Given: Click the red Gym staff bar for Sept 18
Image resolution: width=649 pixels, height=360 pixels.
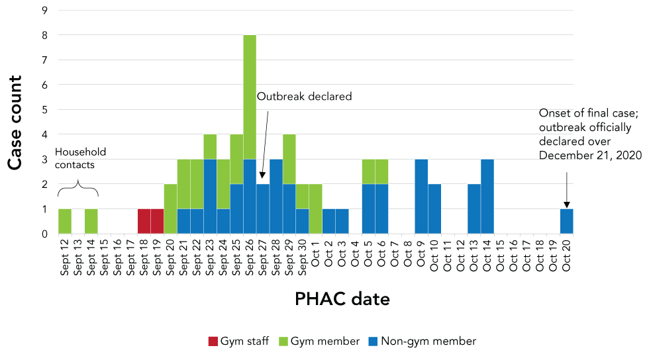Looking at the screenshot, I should (144, 221).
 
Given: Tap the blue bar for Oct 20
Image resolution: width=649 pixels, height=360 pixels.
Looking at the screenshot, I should (566, 221).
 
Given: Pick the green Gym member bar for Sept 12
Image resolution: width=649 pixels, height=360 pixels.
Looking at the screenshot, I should (65, 221).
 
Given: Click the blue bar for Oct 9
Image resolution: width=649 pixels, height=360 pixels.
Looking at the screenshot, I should (421, 196).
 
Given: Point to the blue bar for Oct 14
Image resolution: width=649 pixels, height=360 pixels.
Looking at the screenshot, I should (487, 196).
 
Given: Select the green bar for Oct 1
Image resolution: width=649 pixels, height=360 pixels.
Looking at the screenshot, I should (316, 208).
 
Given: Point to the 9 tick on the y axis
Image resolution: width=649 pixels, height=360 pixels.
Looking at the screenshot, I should (44, 11).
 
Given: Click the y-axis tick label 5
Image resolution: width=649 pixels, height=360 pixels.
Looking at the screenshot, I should (44, 110).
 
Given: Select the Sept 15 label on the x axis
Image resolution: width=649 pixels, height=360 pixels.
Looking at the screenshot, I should (105, 257).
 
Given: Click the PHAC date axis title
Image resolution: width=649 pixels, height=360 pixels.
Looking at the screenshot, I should (342, 300).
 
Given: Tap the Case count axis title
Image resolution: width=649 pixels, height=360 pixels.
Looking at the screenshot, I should (15, 122).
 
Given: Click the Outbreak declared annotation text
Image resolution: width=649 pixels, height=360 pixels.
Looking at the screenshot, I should (304, 97).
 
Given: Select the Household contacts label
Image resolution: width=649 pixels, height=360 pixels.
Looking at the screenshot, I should (80, 158).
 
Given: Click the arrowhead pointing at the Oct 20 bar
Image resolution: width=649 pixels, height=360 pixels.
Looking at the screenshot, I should (566, 205).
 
